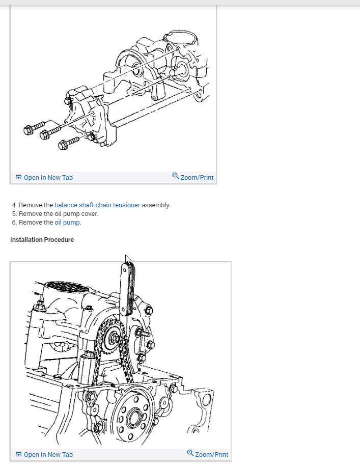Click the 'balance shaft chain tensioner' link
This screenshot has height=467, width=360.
tap(97, 205)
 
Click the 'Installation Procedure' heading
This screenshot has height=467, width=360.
tap(42, 240)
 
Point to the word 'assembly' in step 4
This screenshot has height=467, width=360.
tap(155, 205)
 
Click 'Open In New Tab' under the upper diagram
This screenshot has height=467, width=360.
tap(48, 178)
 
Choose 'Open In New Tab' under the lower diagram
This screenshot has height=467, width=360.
tap(48, 455)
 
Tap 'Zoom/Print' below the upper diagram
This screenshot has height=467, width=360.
tap(197, 178)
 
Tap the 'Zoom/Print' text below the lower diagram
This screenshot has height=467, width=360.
tap(211, 455)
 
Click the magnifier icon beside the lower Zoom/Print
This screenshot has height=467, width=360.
tap(190, 453)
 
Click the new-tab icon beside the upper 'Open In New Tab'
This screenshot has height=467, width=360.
tap(18, 178)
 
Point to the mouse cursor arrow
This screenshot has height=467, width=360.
tap(128, 259)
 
